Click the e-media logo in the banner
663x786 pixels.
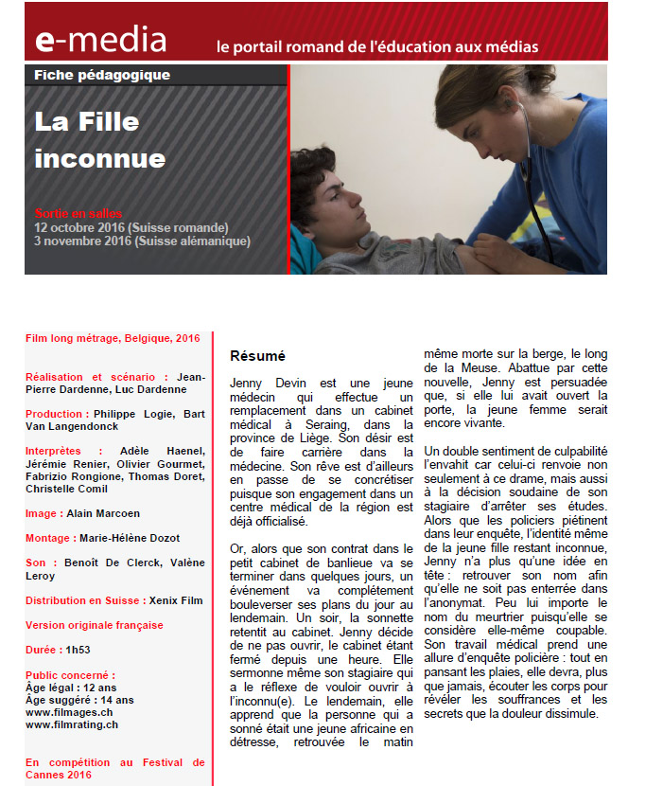100,40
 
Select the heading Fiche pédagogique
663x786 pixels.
101,75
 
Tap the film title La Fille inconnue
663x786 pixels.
99,140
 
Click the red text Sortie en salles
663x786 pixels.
79,214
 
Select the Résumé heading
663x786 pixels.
257,356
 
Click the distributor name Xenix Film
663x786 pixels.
177,600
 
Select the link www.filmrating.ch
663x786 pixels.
72,724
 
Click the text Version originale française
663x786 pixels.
95,625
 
